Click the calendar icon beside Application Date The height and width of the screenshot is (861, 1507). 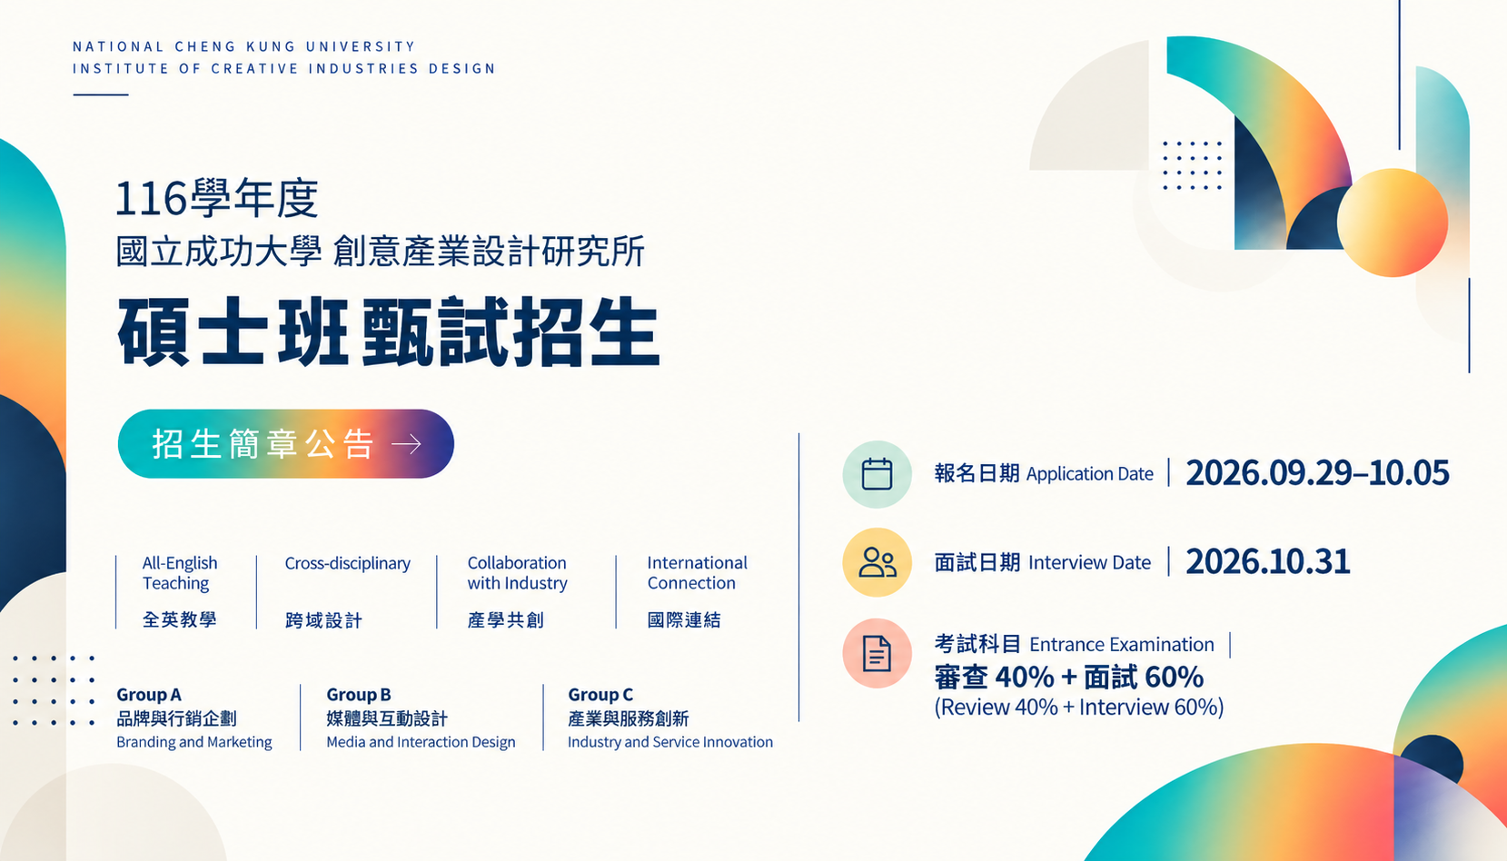[x=877, y=474]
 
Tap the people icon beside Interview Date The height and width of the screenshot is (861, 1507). [x=877, y=562]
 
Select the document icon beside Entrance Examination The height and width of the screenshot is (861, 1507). [x=877, y=653]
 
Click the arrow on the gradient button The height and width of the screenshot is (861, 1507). [x=406, y=444]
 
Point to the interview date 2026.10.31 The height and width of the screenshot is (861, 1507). [x=1267, y=561]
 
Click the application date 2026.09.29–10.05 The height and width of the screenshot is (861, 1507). [x=1317, y=473]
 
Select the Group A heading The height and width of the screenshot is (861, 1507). [x=149, y=694]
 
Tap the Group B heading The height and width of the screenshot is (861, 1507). [x=359, y=694]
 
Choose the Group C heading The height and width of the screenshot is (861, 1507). [x=600, y=694]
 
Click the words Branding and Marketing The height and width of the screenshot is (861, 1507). [x=193, y=742]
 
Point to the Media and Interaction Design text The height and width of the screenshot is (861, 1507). [x=421, y=742]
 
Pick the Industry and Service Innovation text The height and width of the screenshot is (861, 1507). [x=670, y=742]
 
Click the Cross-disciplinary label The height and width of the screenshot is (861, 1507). [x=347, y=563]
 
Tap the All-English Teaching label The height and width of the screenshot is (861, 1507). [x=180, y=573]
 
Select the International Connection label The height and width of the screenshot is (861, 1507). [x=697, y=573]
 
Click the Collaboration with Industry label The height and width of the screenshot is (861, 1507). [x=518, y=573]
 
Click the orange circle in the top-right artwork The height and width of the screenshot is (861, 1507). [x=1392, y=223]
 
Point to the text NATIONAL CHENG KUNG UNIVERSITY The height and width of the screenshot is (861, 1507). [x=243, y=46]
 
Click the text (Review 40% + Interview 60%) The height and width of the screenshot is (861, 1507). [x=1078, y=707]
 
